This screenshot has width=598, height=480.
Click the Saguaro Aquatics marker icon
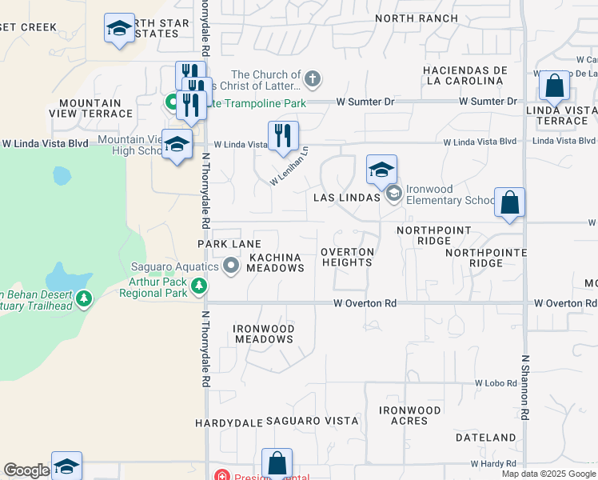(x=231, y=265)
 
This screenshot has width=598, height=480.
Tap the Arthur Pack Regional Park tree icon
(x=199, y=286)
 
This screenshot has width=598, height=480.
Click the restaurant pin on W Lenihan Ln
(x=282, y=137)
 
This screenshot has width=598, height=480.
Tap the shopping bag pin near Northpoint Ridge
(x=510, y=203)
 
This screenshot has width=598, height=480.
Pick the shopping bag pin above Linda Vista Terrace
(x=553, y=86)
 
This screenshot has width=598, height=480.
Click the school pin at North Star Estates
(x=120, y=30)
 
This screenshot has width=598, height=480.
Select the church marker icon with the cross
(x=313, y=79)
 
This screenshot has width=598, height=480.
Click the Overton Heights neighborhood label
(x=348, y=257)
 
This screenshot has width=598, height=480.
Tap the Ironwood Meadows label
(x=264, y=334)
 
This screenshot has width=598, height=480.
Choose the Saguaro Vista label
(x=312, y=421)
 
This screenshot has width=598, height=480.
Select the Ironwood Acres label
(x=410, y=415)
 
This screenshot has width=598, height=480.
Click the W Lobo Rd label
(x=495, y=383)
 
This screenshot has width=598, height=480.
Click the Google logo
(x=26, y=470)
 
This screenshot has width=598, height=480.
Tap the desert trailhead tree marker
(x=84, y=299)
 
